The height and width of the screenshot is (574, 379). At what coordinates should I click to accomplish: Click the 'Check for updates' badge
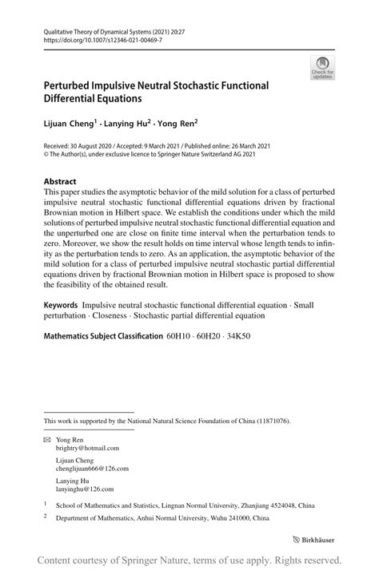pos(322,68)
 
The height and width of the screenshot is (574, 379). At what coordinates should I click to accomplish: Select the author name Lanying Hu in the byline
pos(130,124)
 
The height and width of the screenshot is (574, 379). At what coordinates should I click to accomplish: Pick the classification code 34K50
pos(237,336)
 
